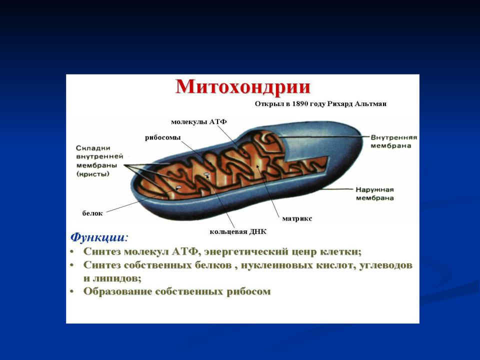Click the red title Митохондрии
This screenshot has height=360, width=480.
(x=243, y=87)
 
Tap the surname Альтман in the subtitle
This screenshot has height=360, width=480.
(x=370, y=104)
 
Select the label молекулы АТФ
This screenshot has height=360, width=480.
(x=198, y=122)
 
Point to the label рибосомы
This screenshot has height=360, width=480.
(x=163, y=138)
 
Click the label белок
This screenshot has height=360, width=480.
(x=92, y=213)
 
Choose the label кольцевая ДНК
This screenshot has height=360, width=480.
(x=238, y=231)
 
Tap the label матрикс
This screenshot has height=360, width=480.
(x=297, y=218)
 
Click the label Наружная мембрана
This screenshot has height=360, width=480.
(x=374, y=194)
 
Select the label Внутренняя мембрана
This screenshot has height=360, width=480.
(x=394, y=141)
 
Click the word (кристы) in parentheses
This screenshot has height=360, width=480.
(x=93, y=174)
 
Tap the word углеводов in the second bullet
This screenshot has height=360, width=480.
(x=385, y=265)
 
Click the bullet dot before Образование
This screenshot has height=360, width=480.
(x=72, y=291)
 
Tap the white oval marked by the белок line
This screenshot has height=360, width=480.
(x=179, y=187)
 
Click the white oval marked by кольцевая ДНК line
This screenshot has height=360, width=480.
(x=206, y=174)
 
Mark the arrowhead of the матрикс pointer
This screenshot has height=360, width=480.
(x=257, y=166)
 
